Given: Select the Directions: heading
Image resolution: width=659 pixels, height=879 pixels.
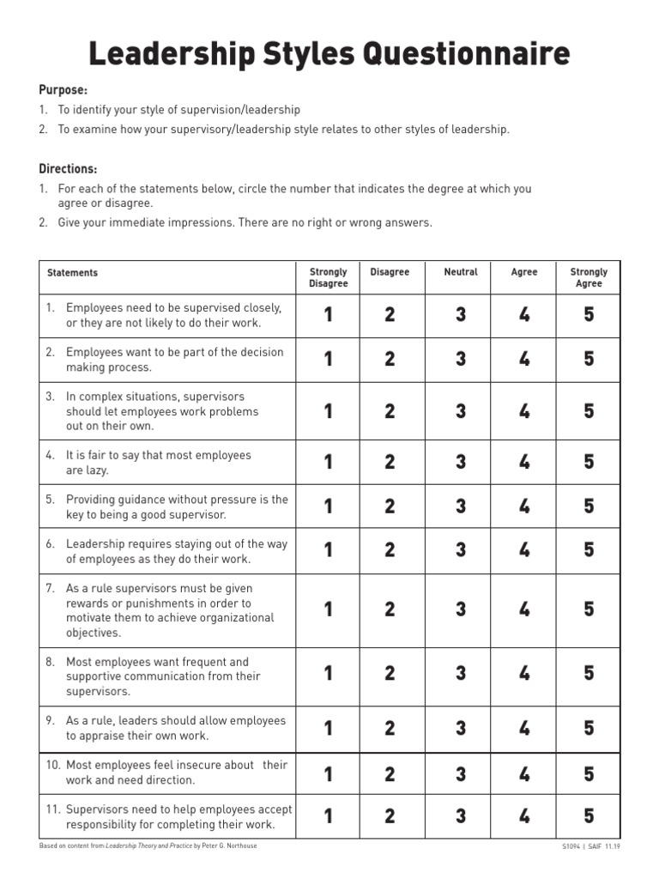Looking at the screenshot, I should tap(68, 169).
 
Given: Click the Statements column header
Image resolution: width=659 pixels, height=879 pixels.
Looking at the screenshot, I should tap(73, 273).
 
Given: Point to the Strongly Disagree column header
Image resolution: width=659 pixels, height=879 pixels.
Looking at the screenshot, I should tap(328, 278).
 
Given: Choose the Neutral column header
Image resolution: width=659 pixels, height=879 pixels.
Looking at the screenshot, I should tap(461, 272).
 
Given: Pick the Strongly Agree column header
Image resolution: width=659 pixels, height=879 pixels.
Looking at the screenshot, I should tap(589, 278).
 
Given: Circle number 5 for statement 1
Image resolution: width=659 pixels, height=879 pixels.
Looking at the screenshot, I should tap(589, 315).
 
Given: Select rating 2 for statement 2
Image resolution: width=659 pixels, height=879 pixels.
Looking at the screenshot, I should tap(390, 360).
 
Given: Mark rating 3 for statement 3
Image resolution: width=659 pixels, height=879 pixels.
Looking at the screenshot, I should tap(461, 411).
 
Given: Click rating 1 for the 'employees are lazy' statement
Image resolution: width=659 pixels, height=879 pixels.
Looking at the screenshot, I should tap(328, 463).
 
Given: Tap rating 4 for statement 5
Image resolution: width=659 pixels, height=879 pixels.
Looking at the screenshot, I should tap(524, 506).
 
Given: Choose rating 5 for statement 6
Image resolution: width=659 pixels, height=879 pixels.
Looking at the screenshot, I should tap(589, 550).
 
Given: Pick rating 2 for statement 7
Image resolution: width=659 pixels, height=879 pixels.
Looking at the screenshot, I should tap(390, 609).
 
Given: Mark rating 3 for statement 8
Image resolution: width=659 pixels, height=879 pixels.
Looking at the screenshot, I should tap(461, 674).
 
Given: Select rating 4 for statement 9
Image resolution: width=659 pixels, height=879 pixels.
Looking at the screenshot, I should tap(524, 729).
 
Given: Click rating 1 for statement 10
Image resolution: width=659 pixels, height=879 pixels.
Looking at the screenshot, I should tap(328, 774).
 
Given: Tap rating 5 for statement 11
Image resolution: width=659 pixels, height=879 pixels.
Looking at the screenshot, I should tap(589, 815).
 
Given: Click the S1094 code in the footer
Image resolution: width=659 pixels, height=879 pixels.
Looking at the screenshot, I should tap(571, 846).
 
